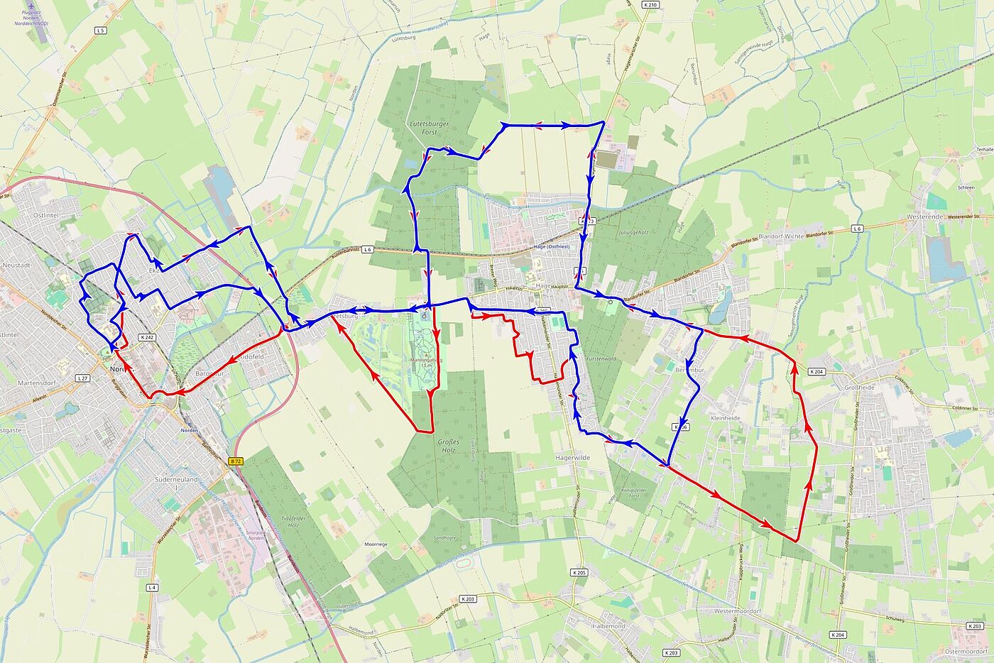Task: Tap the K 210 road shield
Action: point(650,5)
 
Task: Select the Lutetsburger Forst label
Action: point(430,127)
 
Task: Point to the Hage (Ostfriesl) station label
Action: point(551,246)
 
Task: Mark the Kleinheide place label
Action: point(725,418)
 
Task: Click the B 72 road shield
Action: point(236,461)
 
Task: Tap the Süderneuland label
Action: point(176,480)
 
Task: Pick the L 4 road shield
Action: point(152,587)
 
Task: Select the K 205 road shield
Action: point(579,572)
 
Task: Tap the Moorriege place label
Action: point(376,544)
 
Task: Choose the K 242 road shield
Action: point(147,337)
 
